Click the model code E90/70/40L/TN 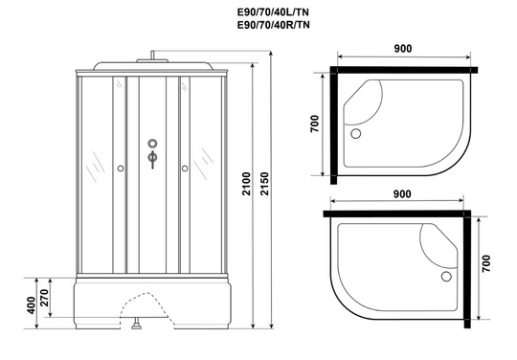[x=273, y=12]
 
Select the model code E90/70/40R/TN [x=273, y=25]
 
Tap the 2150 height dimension [x=265, y=184]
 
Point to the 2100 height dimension [x=247, y=184]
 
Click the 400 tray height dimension [x=31, y=305]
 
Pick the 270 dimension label [x=44, y=298]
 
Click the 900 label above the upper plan [x=402, y=49]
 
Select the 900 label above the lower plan [x=402, y=194]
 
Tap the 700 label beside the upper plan [x=315, y=124]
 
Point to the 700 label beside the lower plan [x=486, y=263]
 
